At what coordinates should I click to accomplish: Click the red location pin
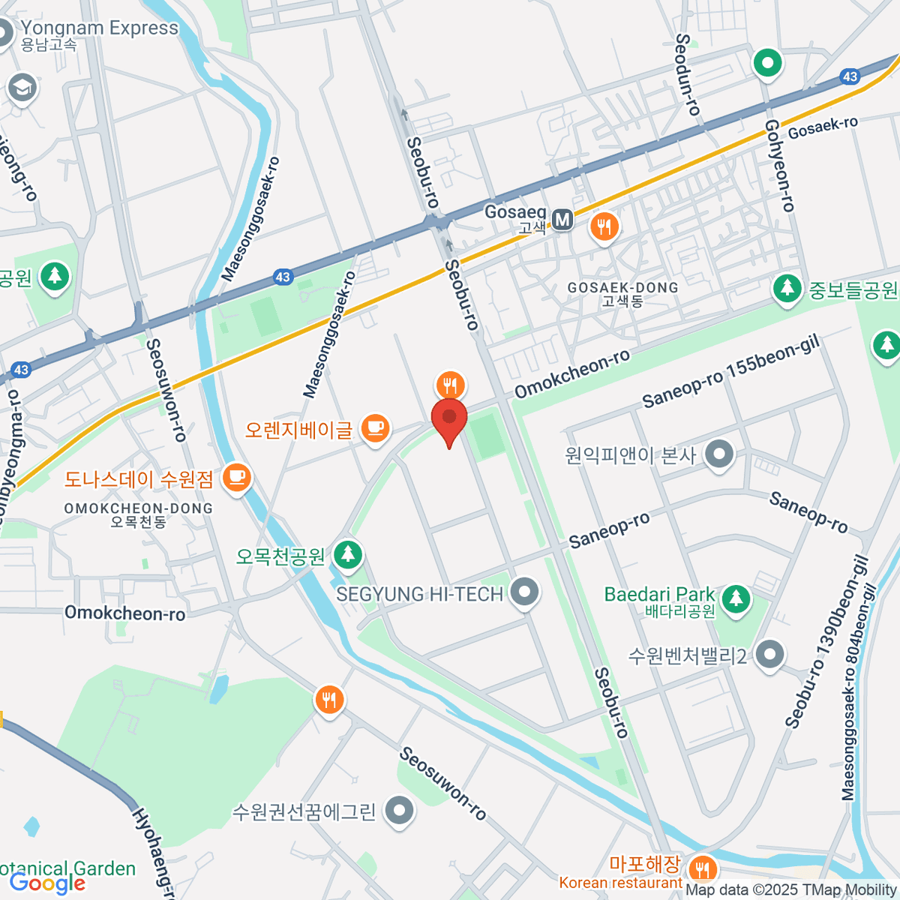[449, 420]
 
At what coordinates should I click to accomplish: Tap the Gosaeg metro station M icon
[562, 220]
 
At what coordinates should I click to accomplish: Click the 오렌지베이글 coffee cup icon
[375, 429]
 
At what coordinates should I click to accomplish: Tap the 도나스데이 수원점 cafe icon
[238, 477]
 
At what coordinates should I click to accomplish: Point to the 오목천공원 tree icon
[347, 555]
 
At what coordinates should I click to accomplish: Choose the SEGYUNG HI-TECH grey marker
[524, 592]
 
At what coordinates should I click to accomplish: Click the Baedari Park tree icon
[736, 598]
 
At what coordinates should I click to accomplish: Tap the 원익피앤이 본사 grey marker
[721, 454]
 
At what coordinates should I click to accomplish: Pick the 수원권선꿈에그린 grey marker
[399, 811]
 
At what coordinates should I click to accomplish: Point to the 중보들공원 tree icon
[787, 288]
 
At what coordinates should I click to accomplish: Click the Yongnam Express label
[99, 28]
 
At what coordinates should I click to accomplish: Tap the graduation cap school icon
[22, 88]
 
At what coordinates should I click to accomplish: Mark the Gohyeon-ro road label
[778, 165]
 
